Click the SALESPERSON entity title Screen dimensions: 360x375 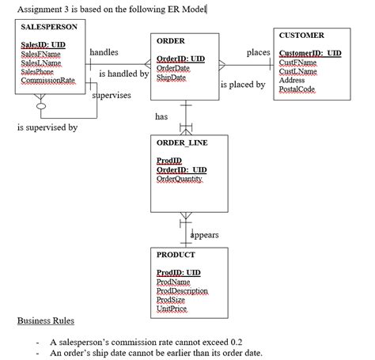(48, 28)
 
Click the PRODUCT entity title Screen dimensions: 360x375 (176, 255)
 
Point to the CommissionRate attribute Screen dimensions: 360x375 (48, 81)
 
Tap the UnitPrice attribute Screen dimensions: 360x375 (174, 309)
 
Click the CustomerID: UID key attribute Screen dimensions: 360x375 (311, 53)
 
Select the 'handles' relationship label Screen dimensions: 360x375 (104, 52)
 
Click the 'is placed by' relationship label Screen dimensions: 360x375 (243, 85)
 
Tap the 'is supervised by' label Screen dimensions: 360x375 (47, 127)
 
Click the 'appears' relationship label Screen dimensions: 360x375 (205, 235)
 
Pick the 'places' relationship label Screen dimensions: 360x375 (258, 52)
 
